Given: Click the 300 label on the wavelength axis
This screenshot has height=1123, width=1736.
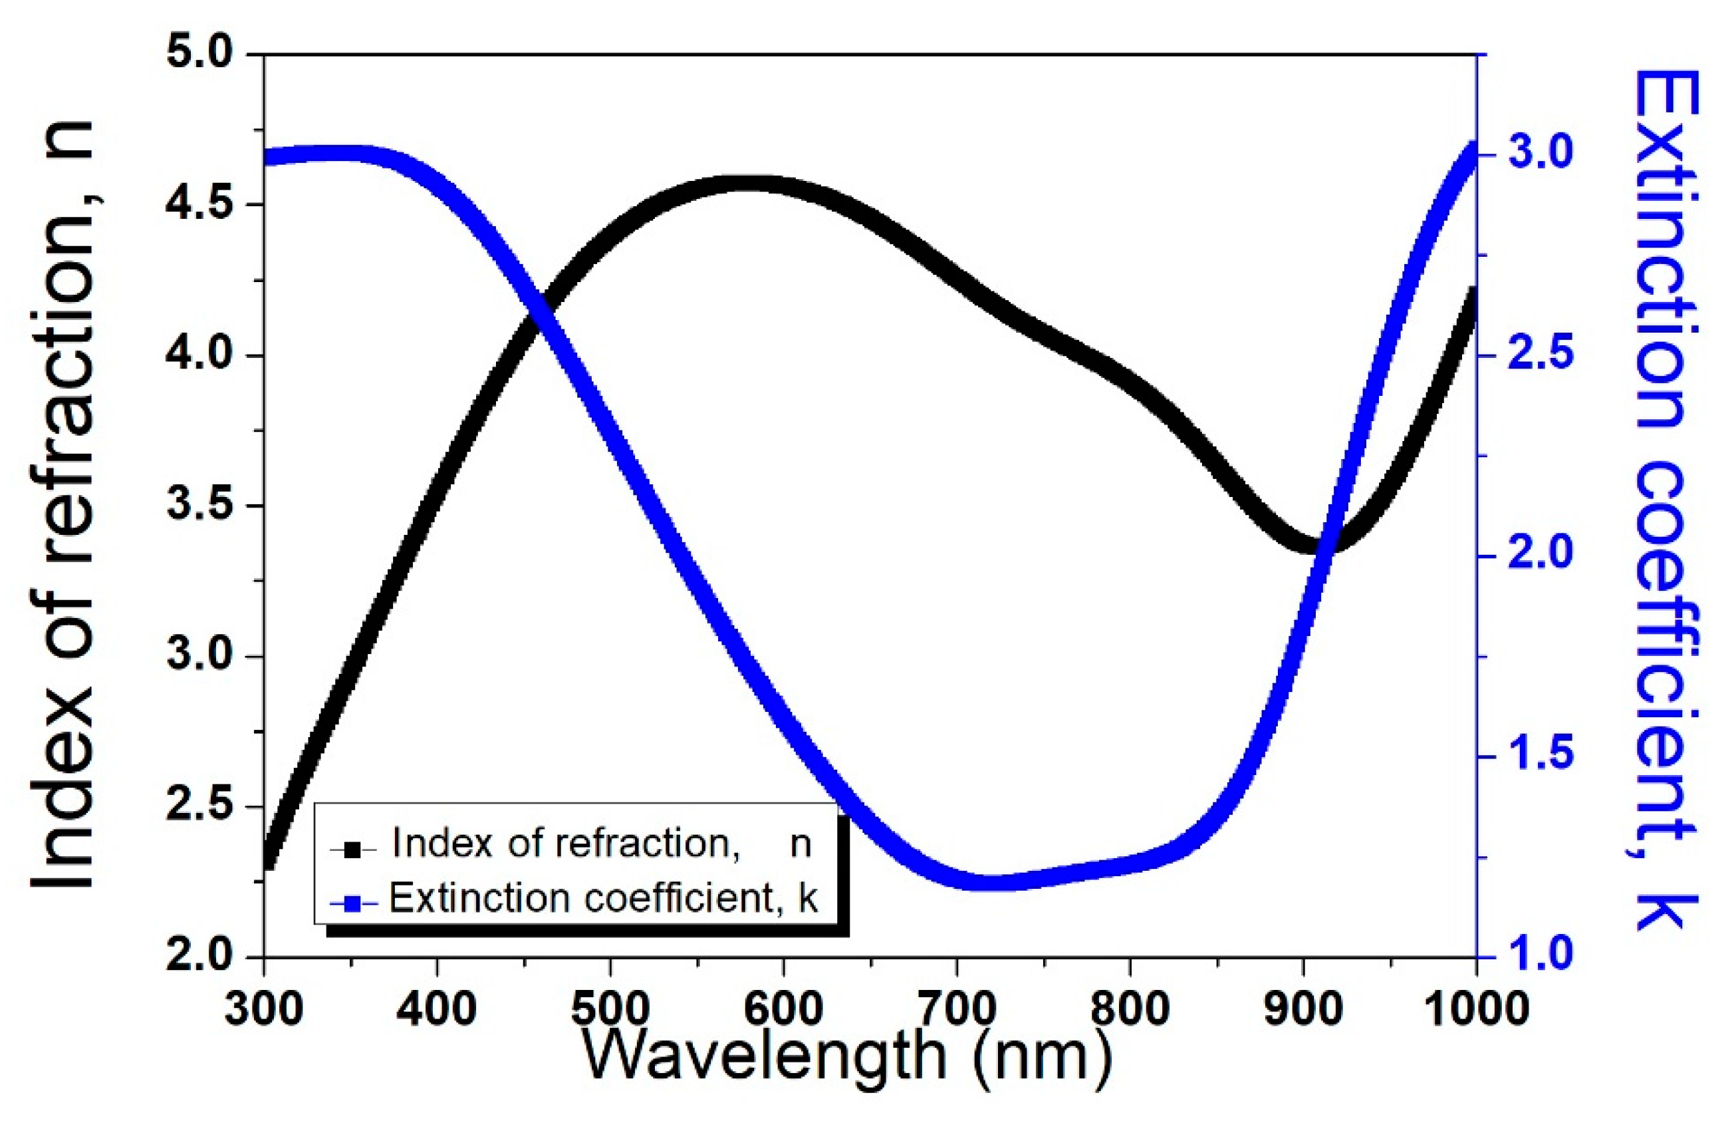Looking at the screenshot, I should tap(264, 1009).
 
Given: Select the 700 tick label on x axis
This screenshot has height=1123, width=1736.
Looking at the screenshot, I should tap(956, 1009).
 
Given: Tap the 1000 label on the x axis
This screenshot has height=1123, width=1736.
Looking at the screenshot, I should tap(1475, 1009).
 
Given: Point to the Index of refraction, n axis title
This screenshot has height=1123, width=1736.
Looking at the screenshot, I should tap(64, 503).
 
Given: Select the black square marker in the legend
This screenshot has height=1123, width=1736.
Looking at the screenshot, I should tap(353, 848).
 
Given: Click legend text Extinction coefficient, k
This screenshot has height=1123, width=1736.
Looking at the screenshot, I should tap(604, 899).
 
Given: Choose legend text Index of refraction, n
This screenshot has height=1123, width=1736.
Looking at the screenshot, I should tap(602, 844).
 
